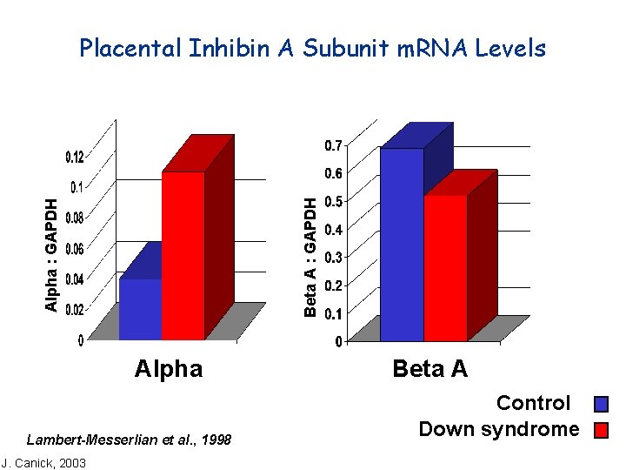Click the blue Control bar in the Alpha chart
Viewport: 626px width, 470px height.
[140, 309]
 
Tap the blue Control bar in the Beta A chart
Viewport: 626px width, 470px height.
[402, 245]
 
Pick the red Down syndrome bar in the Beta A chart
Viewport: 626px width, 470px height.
[445, 267]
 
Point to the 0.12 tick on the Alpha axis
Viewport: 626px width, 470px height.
[75, 158]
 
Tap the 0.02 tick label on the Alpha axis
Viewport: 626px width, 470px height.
[75, 309]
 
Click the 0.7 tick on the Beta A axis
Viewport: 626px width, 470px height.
[333, 145]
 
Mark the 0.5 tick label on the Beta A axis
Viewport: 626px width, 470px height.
[333, 202]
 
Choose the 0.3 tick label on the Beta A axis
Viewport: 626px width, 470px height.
[333, 258]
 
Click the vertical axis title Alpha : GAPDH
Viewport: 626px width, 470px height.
[52, 254]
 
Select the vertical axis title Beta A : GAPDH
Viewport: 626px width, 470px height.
[310, 255]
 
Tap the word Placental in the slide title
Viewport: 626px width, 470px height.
[130, 49]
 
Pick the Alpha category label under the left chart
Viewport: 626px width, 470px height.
[169, 369]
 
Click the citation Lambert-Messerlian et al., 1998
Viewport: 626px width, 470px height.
[130, 440]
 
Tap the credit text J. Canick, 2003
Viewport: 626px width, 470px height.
[43, 462]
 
